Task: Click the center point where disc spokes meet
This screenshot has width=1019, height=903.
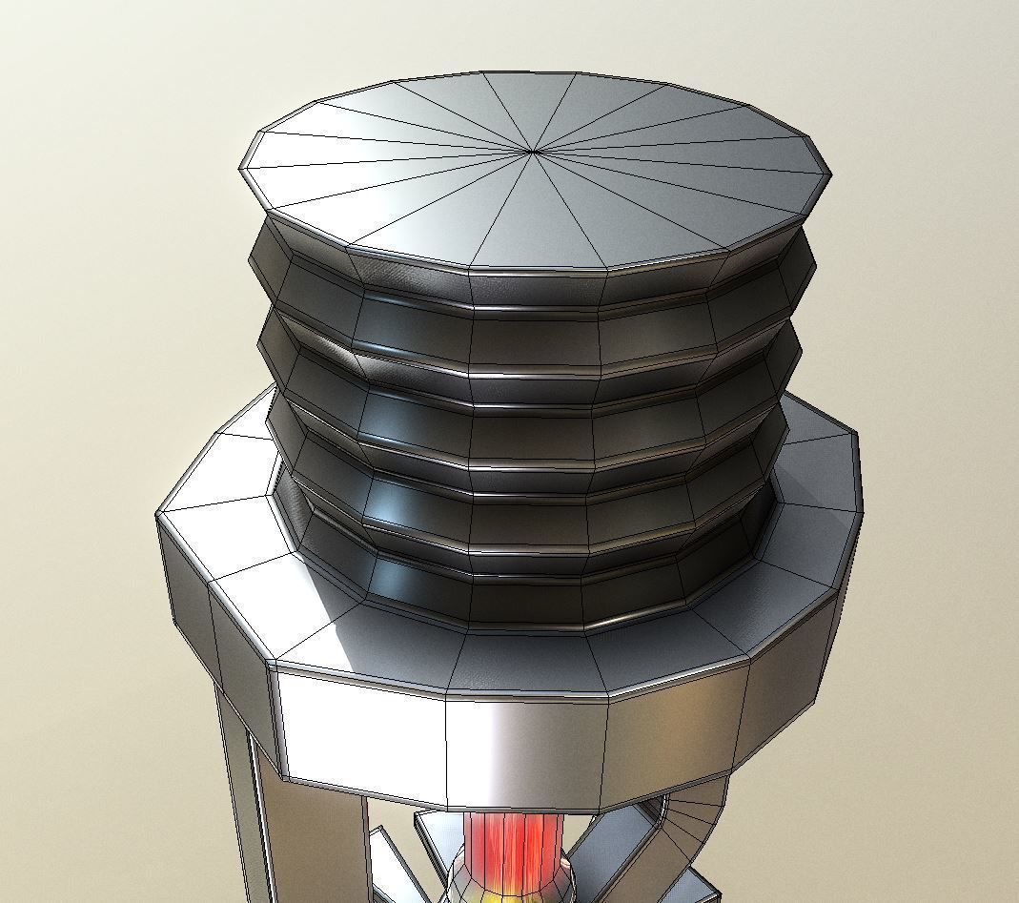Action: tap(533, 150)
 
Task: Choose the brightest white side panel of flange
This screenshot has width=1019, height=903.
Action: tap(362, 734)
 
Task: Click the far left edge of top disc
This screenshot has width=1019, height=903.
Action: tap(241, 170)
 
